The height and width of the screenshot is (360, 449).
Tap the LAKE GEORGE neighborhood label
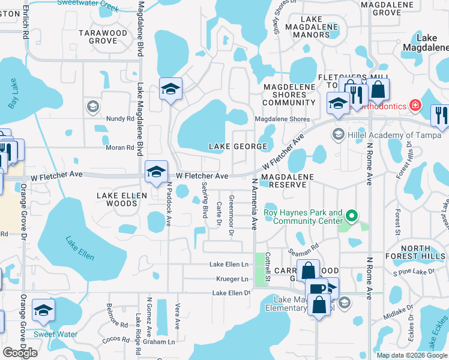tap(237, 146)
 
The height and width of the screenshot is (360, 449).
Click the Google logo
tap(20, 352)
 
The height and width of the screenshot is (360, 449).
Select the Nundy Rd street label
tap(121, 119)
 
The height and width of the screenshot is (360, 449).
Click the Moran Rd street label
tap(121, 148)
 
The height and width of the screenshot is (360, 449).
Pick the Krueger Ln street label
tap(232, 279)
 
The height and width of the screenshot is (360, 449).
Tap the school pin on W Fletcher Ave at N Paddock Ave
tap(156, 172)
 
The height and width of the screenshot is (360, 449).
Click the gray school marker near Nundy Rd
tap(92, 107)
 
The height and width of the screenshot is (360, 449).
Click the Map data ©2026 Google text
tap(412, 355)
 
